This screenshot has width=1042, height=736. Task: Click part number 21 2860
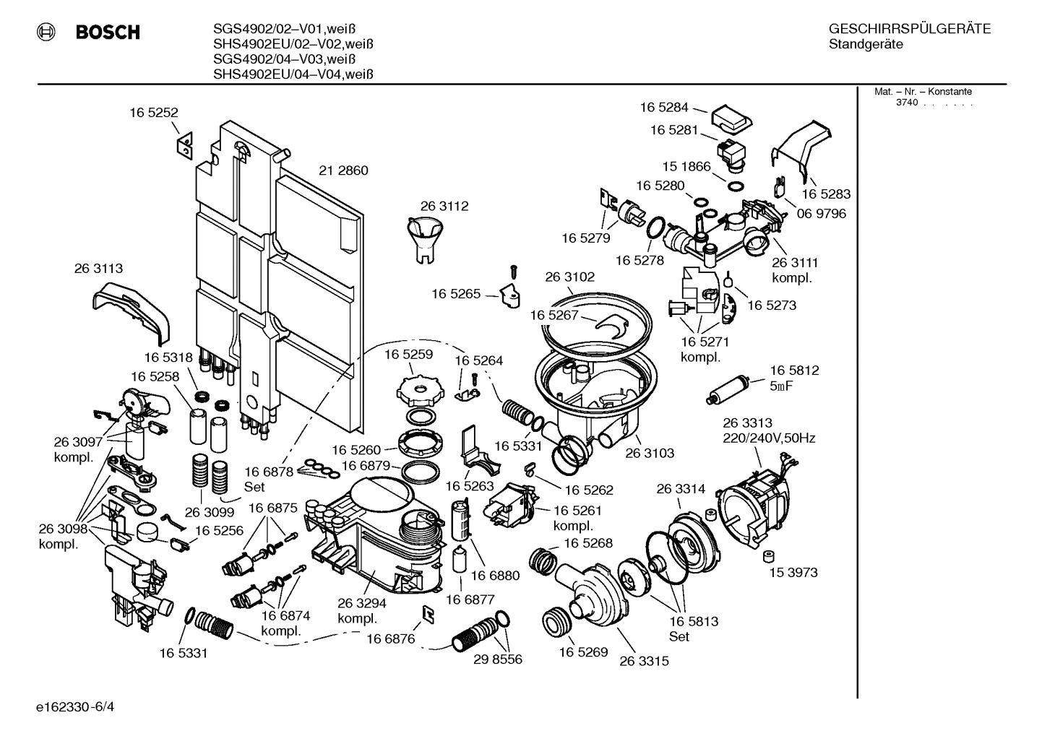coord(343,170)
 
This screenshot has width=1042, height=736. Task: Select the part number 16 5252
coord(153,113)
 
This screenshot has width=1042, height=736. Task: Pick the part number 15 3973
coord(793,572)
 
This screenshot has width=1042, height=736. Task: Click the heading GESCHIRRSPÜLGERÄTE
coord(909,29)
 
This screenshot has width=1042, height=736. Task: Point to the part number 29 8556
coord(497,659)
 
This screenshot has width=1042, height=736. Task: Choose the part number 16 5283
coord(825,194)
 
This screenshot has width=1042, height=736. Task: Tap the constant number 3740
coord(906,103)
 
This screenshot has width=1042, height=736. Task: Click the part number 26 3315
coord(644,660)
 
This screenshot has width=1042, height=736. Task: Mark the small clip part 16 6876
coord(428,613)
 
